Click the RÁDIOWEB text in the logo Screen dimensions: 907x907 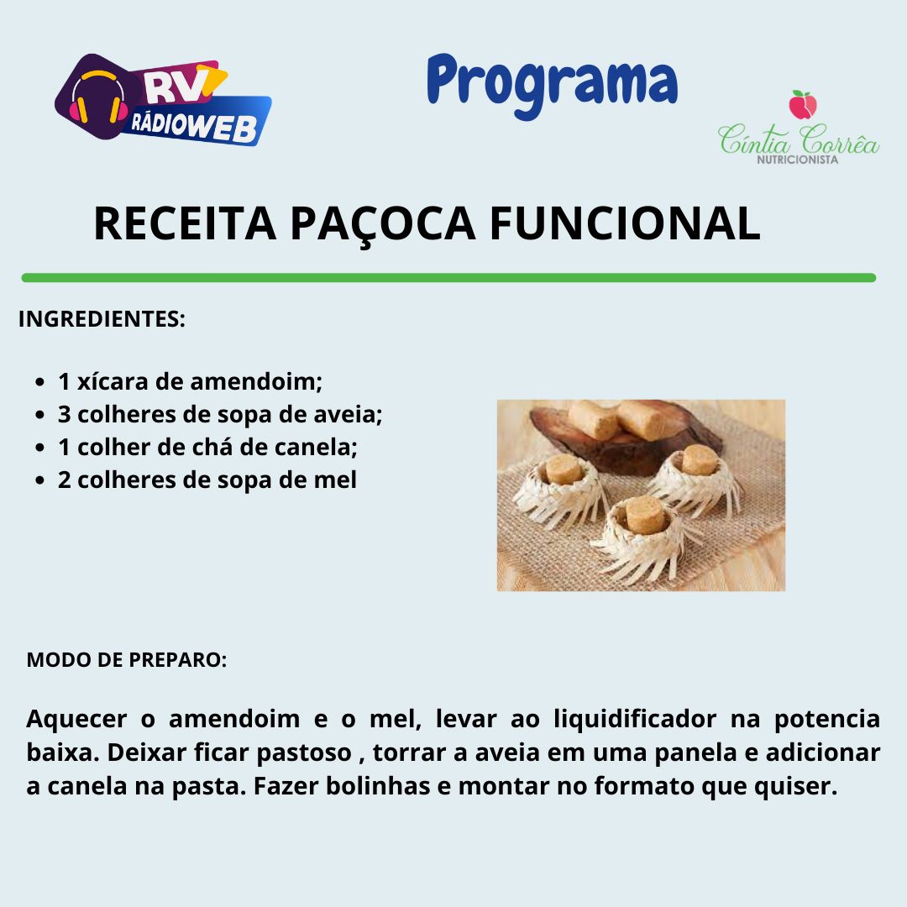pos(194,125)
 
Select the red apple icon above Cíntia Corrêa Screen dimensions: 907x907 pos(803,105)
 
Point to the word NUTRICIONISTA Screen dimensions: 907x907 pos(798,159)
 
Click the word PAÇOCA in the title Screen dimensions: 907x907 pos(382,224)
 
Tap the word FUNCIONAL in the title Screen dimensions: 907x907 pos(625,223)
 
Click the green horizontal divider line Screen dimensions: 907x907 pos(448,278)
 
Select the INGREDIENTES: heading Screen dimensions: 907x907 pos(102,319)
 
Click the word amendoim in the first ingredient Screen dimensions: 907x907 pos(255,382)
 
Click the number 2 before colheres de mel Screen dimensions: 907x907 pos(64,480)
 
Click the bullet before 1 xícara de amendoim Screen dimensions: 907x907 pos(39,382)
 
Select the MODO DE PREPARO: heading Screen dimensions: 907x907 pos(127,660)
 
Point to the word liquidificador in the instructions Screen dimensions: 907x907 pos(635,720)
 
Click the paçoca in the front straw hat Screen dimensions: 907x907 pos(645,514)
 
